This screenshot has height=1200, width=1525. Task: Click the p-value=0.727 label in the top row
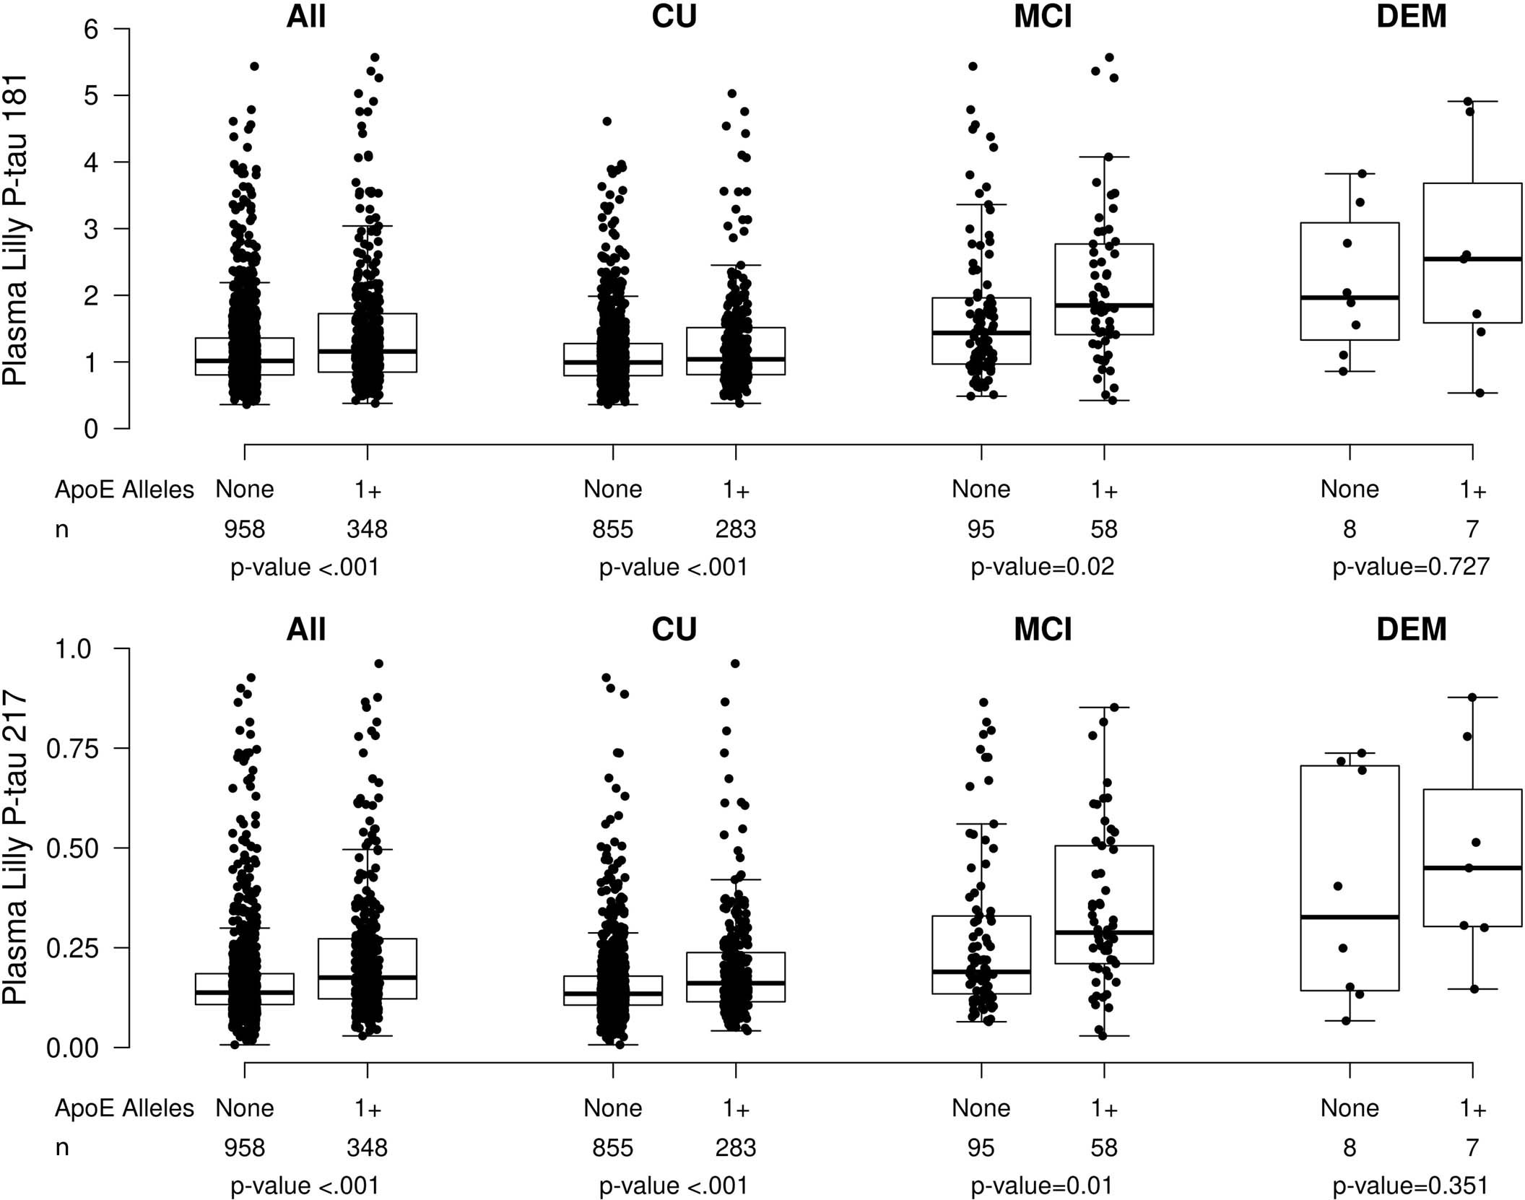[x=1410, y=567]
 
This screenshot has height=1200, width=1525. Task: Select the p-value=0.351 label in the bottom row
[x=1410, y=1186]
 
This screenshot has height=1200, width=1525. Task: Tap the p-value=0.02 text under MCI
[x=1042, y=567]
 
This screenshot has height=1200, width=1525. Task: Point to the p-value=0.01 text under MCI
[x=1042, y=1186]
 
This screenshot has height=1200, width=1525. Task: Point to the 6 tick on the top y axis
[x=91, y=30]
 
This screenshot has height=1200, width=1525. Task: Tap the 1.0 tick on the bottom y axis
[x=74, y=649]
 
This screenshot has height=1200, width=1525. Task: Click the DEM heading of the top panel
[x=1411, y=17]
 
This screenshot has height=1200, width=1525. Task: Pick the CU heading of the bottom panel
[x=674, y=630]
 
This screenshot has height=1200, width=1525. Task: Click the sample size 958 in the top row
[x=244, y=529]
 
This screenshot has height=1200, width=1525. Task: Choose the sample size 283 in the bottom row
[x=735, y=1148]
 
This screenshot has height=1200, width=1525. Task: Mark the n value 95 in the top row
[x=981, y=529]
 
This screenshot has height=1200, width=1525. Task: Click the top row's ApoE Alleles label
[x=124, y=490]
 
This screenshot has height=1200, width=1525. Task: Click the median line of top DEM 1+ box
[x=1472, y=258]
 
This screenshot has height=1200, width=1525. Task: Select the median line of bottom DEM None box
[x=1350, y=917]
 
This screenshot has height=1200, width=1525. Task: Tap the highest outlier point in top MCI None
[x=973, y=66]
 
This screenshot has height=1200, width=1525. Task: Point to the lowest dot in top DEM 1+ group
[x=1479, y=393]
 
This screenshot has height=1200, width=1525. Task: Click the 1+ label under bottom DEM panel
[x=1472, y=1109]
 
